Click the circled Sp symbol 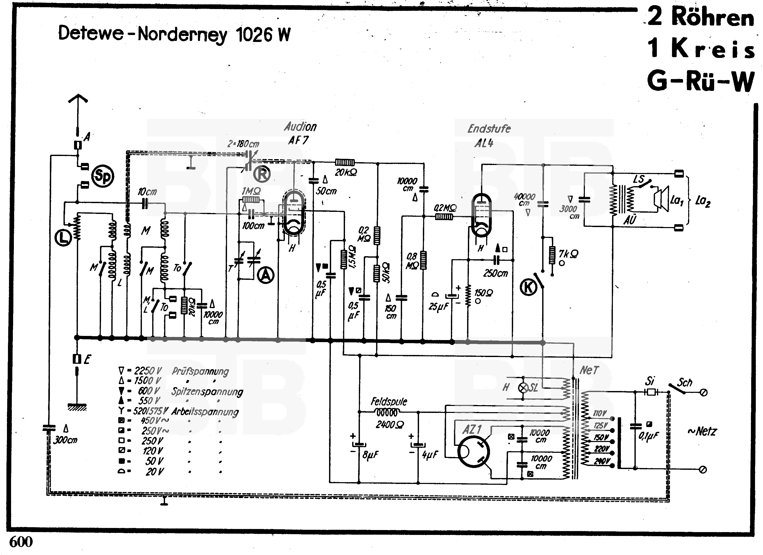click(x=103, y=176)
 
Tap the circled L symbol click(x=63, y=238)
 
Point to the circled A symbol click(x=266, y=275)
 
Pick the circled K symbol click(x=529, y=287)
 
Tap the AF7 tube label click(x=298, y=140)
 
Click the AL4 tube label click(x=484, y=143)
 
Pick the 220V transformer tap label click(x=602, y=449)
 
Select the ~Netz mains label click(x=702, y=431)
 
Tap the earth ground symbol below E click(x=77, y=407)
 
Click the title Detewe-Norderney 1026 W click(x=174, y=34)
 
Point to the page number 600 click(x=21, y=542)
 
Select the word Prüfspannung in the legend click(x=200, y=371)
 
